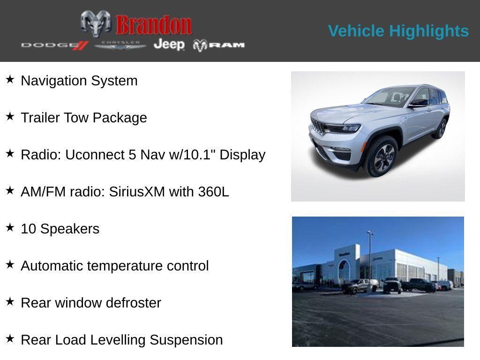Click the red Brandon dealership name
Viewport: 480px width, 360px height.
click(154, 25)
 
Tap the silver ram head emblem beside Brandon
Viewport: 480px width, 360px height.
click(96, 23)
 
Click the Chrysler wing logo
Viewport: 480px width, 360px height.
click(120, 45)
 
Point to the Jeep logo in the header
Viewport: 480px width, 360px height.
click(169, 45)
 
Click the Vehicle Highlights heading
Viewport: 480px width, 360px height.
click(398, 31)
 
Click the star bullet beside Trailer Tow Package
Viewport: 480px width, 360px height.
click(10, 116)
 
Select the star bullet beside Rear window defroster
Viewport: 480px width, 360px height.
click(10, 301)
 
